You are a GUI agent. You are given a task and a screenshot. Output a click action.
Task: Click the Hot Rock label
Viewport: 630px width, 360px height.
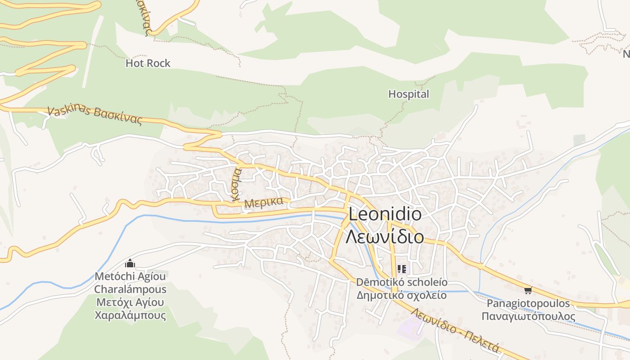148,63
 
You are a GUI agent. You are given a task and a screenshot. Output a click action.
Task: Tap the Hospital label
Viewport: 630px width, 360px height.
409,94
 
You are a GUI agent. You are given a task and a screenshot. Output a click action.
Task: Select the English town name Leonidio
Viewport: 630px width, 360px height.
385,214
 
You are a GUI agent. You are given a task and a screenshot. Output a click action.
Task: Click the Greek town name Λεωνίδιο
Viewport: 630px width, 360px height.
385,236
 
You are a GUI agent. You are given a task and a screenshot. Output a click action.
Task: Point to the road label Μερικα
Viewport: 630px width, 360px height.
264,202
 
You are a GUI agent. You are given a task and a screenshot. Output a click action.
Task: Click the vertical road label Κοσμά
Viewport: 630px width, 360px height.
236,184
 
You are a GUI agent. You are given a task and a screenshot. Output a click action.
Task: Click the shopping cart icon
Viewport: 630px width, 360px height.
528,291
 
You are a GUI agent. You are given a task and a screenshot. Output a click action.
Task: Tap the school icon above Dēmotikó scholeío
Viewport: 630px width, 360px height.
401,269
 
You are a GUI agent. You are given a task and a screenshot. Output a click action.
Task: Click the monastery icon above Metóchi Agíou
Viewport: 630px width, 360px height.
130,263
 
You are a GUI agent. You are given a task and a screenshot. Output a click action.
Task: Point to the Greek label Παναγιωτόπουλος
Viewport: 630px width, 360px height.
528,316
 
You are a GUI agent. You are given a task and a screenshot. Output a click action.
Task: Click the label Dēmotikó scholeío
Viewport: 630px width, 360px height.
402,282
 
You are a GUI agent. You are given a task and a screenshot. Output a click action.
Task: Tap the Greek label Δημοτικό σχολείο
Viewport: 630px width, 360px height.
402,295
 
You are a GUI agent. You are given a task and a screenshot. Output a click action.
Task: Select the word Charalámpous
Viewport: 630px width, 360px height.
130,289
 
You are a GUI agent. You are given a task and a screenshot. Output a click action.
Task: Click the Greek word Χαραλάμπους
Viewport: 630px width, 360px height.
130,315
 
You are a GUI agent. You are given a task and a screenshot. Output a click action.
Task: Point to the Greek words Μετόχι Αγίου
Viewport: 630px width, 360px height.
130,302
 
